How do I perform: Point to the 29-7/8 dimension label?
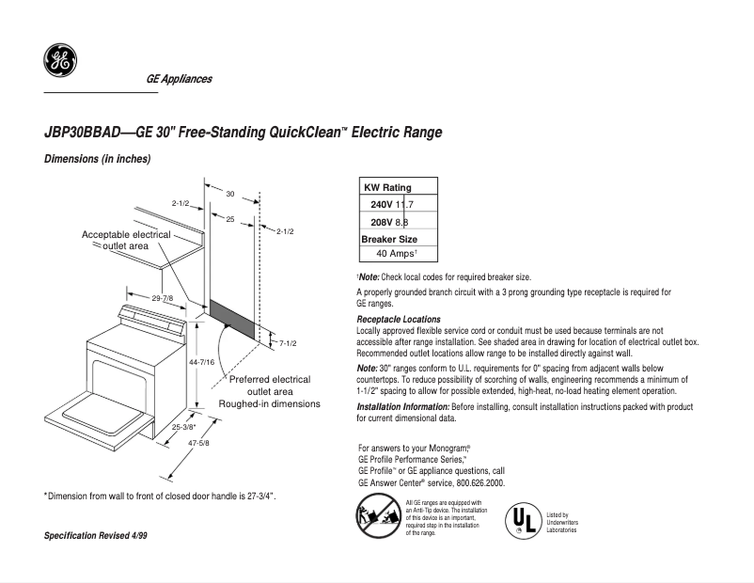(x=162, y=298)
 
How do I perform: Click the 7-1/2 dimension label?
(x=288, y=344)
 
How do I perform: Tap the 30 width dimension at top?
(x=229, y=193)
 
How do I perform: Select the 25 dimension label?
(x=229, y=218)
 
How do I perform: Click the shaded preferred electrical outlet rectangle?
(x=230, y=319)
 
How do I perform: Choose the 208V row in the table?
(x=386, y=222)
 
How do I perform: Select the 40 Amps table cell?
(x=396, y=254)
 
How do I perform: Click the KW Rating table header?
(x=387, y=187)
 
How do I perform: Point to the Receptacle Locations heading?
(x=399, y=320)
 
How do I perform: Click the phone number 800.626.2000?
(x=479, y=482)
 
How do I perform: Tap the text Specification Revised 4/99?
(x=96, y=535)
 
